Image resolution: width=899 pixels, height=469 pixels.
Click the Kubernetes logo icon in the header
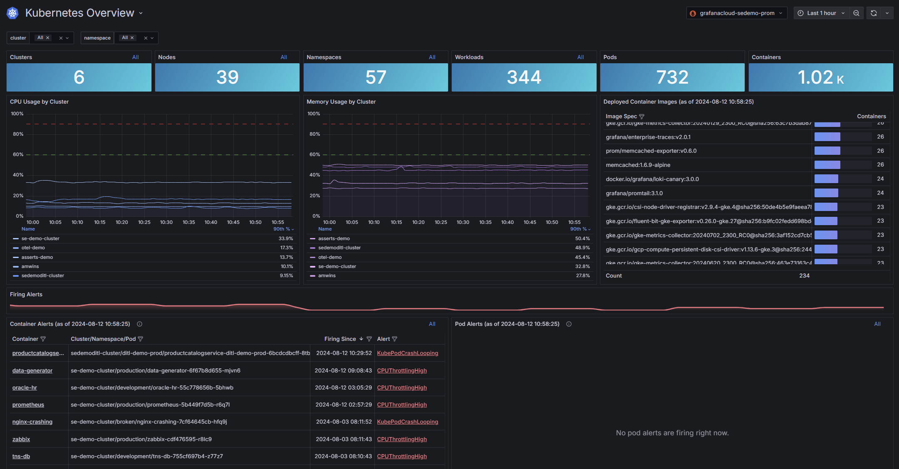coord(12,13)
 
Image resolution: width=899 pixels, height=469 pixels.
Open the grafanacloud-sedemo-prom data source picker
coord(736,13)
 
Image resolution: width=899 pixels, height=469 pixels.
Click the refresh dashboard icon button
coord(874,13)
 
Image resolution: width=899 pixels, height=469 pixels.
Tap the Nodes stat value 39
coord(227,77)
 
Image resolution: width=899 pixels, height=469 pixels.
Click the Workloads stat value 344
coord(524,77)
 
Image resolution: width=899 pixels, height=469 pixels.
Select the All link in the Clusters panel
coord(135,57)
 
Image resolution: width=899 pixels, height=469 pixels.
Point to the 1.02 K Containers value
coord(820,77)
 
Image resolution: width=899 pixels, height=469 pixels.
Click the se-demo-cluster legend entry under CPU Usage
coord(40,239)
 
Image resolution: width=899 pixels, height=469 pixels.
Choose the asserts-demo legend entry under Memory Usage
coord(334,239)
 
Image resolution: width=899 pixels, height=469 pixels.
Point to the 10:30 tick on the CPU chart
coord(166,223)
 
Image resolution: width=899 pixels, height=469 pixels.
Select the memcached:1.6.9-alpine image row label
coord(638,165)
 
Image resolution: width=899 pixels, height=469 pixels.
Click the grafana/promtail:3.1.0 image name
coord(634,194)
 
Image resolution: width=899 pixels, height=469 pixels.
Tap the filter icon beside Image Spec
coord(641,117)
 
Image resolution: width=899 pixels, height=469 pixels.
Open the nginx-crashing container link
coord(32,422)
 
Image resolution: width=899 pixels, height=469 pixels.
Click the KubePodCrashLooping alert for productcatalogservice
coord(407,353)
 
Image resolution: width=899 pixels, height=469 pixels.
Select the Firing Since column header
coord(340,339)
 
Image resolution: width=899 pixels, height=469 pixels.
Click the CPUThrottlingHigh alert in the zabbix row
coord(402,439)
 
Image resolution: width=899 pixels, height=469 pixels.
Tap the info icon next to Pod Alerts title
coord(569,324)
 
